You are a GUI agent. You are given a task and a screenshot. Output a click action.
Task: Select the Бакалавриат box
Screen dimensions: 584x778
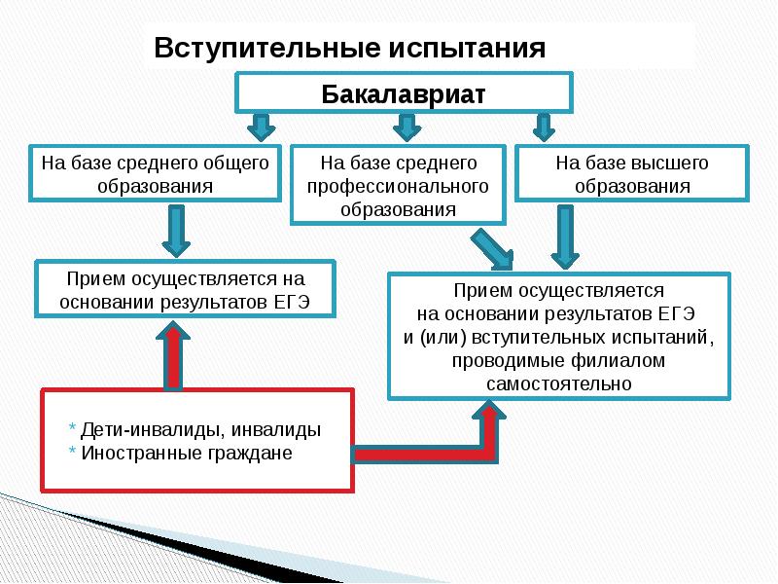point(403,94)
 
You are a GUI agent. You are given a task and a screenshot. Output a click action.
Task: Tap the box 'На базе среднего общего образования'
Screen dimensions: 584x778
point(154,173)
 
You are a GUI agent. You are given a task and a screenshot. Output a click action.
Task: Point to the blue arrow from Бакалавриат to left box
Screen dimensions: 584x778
point(261,128)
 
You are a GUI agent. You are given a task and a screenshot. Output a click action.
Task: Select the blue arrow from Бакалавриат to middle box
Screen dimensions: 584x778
point(406,128)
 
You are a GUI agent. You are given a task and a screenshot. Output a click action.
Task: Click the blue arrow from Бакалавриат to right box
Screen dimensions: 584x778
point(543,128)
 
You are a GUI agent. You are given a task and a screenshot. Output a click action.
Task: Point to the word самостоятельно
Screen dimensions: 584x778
point(559,383)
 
